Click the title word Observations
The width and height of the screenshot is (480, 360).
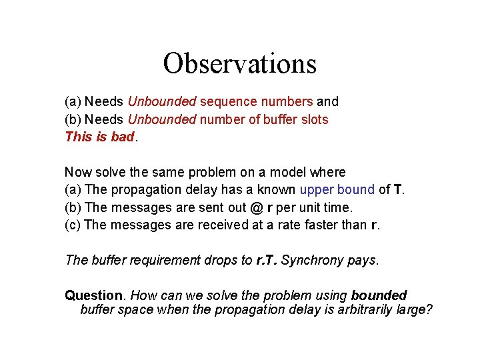tap(239, 64)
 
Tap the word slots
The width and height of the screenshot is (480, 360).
tap(313, 120)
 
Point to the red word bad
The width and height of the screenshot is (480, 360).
tap(123, 137)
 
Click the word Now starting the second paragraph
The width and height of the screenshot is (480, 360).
tap(78, 173)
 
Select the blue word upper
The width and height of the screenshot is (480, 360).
tap(319, 190)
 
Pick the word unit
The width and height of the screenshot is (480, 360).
tap(309, 207)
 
